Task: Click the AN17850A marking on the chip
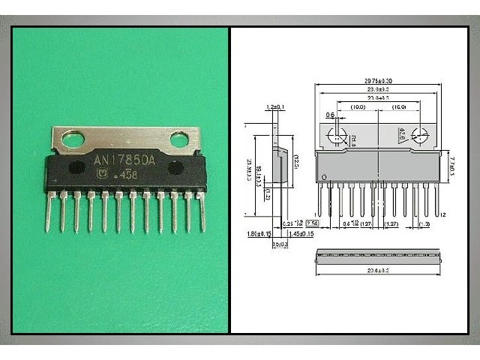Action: [124, 160]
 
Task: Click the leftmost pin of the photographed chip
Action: [50, 210]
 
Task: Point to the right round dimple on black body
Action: [175, 169]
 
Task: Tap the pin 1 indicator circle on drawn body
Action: [323, 178]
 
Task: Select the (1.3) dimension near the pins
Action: [424, 224]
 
